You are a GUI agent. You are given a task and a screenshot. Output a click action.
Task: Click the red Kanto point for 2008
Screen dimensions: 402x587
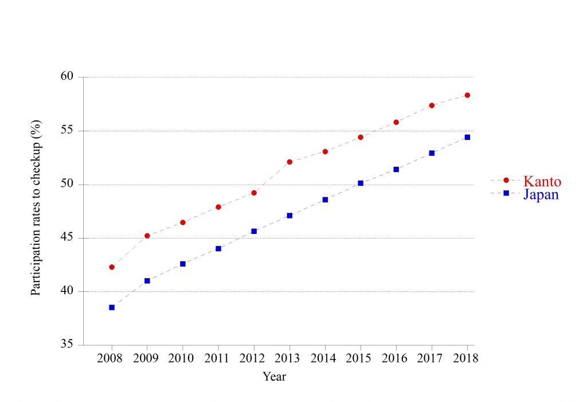112,267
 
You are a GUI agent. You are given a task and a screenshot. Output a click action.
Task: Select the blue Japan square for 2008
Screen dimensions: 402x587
112,307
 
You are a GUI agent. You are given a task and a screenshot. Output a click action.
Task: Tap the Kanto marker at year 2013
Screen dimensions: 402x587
289,162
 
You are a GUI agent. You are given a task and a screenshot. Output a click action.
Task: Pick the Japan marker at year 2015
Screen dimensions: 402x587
361,183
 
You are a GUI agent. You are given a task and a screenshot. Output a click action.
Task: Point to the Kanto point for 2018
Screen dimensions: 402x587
467,95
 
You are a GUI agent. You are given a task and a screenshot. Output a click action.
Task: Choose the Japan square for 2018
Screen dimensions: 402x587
467,137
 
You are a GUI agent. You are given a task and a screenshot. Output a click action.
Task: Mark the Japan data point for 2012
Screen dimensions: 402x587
254,231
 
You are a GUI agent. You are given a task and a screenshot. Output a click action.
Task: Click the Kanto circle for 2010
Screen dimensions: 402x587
183,223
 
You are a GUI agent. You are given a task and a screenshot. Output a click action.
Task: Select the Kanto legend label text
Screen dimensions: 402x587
542,182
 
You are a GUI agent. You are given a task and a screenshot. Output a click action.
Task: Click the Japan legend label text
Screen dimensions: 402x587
541,194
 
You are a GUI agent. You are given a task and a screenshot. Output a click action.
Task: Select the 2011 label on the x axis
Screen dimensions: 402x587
218,358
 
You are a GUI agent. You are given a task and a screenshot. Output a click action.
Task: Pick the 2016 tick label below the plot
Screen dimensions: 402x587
396,358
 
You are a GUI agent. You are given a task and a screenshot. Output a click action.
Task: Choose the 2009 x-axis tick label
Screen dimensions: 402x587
147,358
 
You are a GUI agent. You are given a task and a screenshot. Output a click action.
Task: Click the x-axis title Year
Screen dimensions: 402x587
275,377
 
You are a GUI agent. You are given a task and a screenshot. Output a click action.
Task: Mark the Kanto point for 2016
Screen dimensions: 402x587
396,122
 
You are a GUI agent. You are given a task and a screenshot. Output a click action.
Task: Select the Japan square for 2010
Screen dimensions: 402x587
183,264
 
